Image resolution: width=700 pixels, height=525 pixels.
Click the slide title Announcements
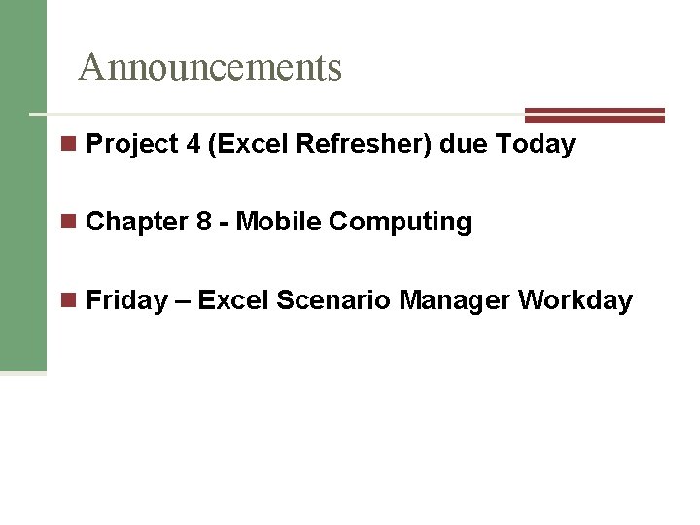pyautogui.click(x=210, y=67)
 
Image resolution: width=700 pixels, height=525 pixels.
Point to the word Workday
pyautogui.click(x=576, y=301)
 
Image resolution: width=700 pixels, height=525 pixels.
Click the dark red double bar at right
pyautogui.click(x=594, y=115)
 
